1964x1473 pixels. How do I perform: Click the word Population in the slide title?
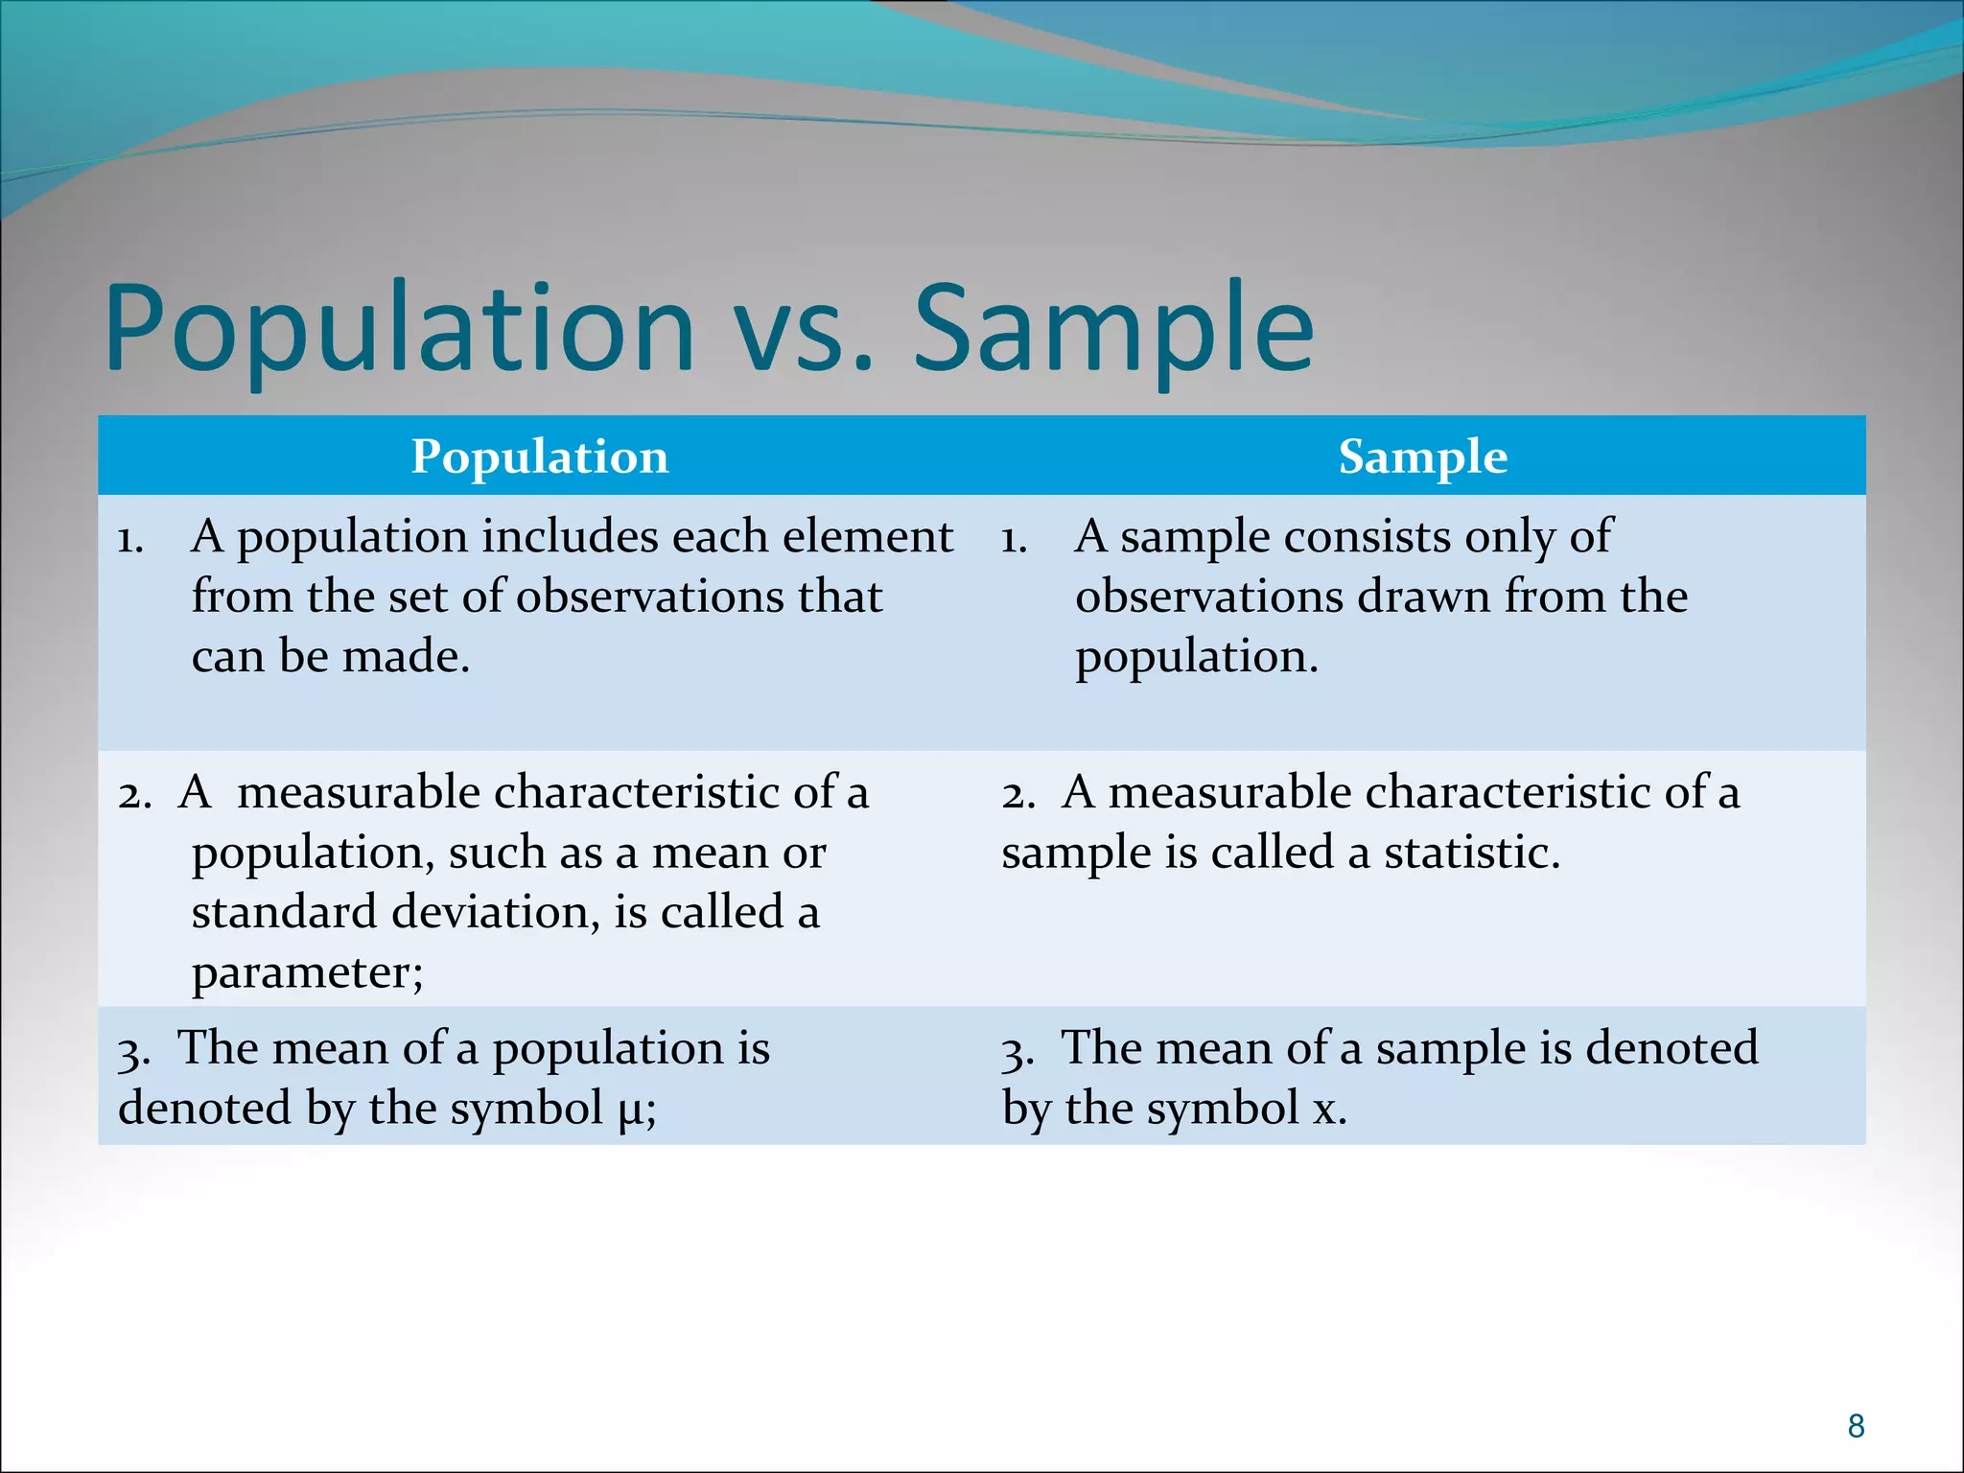(x=398, y=328)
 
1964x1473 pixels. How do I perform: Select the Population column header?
(x=540, y=456)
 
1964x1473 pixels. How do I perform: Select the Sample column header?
(x=1422, y=456)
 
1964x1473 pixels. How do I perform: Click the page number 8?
(x=1856, y=1426)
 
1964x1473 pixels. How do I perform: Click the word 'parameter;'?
(x=307, y=973)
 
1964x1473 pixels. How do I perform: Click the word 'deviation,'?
(x=496, y=912)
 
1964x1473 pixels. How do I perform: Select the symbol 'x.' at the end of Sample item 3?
(x=1329, y=1110)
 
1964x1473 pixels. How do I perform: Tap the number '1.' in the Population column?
(x=130, y=541)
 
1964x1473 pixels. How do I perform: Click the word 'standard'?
(x=283, y=912)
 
